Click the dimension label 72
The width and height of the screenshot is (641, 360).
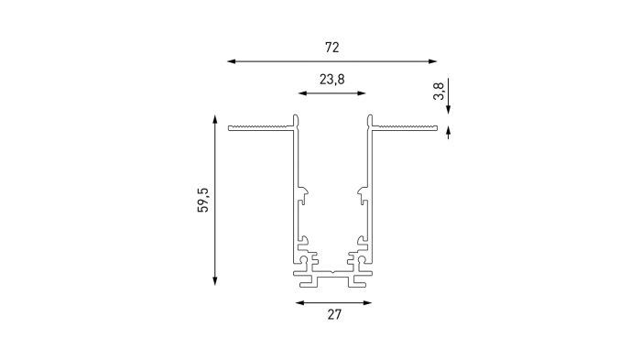coord(331,48)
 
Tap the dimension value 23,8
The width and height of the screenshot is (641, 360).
coord(331,80)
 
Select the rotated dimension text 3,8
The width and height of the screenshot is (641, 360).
coord(439,92)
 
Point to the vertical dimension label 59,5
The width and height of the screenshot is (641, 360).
coord(203,200)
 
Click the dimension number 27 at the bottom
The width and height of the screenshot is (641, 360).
coord(334,314)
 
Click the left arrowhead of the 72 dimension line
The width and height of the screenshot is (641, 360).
coord(232,61)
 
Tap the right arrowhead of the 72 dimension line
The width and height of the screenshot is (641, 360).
coord(432,61)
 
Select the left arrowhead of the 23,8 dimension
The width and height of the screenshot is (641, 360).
coord(302,93)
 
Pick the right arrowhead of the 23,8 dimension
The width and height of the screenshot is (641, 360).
coord(362,93)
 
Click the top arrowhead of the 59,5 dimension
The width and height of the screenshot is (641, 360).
coord(214,120)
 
